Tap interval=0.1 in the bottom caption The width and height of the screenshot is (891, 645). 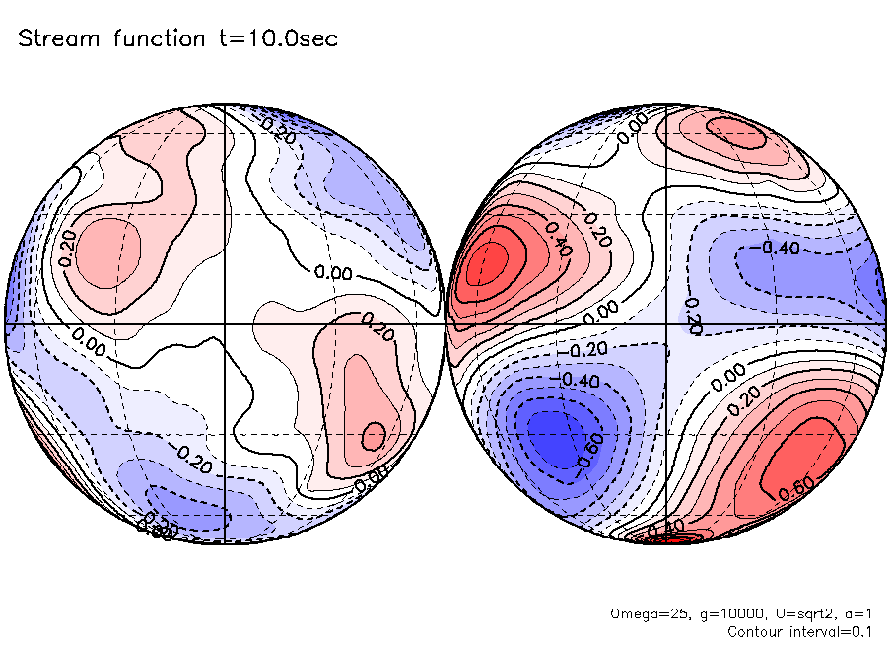point(831,631)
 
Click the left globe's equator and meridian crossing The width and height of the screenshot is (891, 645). point(226,323)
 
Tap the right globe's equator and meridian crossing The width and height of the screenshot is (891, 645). point(667,323)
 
